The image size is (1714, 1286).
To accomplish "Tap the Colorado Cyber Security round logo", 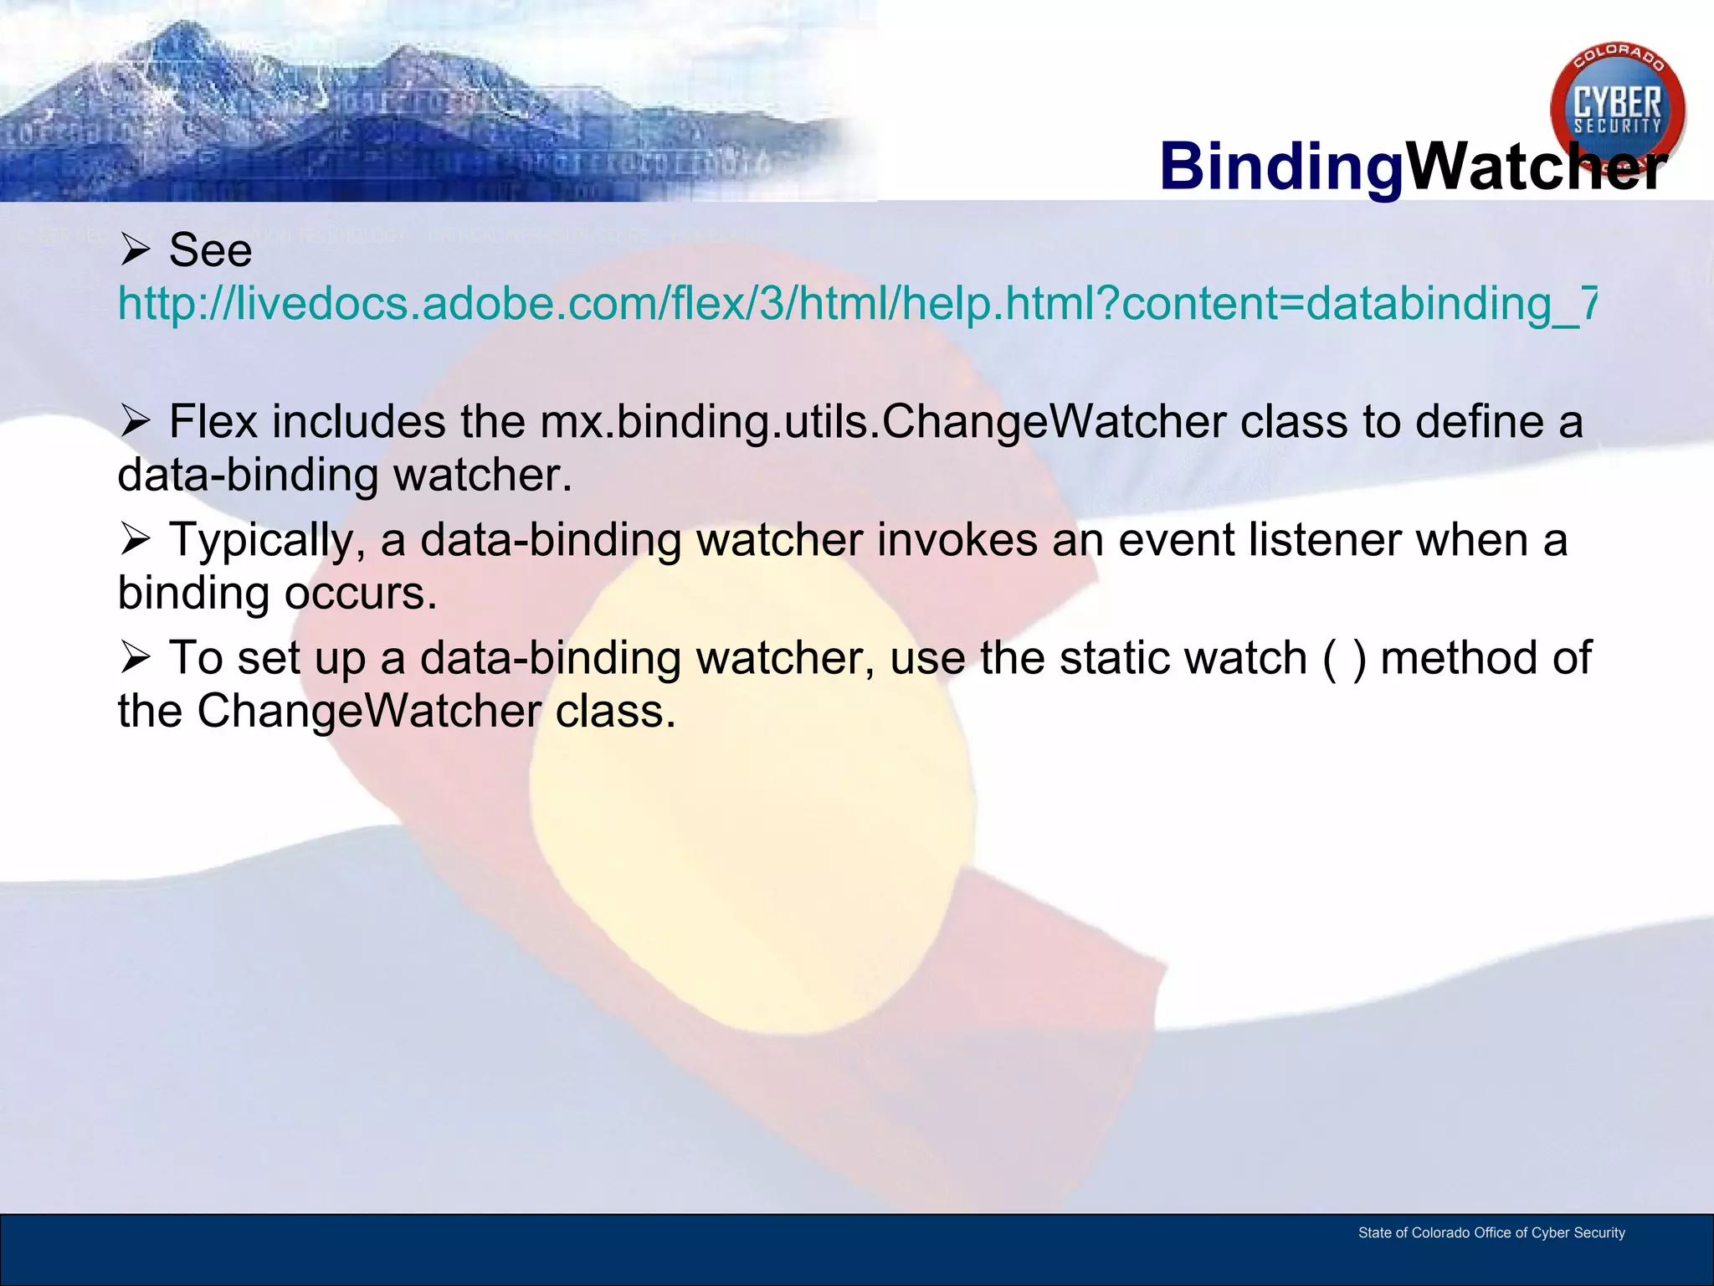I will pyautogui.click(x=1617, y=109).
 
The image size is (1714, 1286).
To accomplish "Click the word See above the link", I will pyautogui.click(x=210, y=249).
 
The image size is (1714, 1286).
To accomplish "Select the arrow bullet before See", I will pyautogui.click(x=135, y=249).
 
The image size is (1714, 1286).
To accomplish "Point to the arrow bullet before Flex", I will pyautogui.click(x=135, y=421).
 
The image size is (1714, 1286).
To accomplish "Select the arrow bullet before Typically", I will pyautogui.click(x=135, y=540).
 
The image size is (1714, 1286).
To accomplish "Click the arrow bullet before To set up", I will pyautogui.click(x=135, y=658).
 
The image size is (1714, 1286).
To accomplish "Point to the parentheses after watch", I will pyautogui.click(x=1344, y=658).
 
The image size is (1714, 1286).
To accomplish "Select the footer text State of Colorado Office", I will pyautogui.click(x=1491, y=1232).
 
